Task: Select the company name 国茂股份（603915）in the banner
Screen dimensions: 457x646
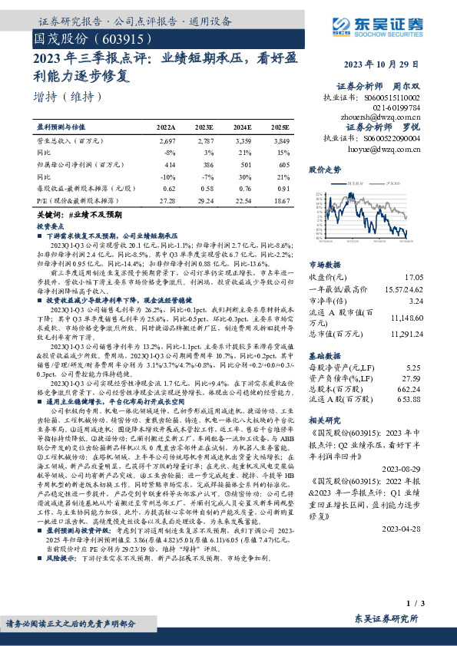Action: coord(87,38)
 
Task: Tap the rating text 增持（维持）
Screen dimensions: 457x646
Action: coord(68,97)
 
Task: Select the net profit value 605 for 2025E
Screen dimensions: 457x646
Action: coord(284,165)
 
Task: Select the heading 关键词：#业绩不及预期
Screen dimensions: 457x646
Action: coord(74,218)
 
